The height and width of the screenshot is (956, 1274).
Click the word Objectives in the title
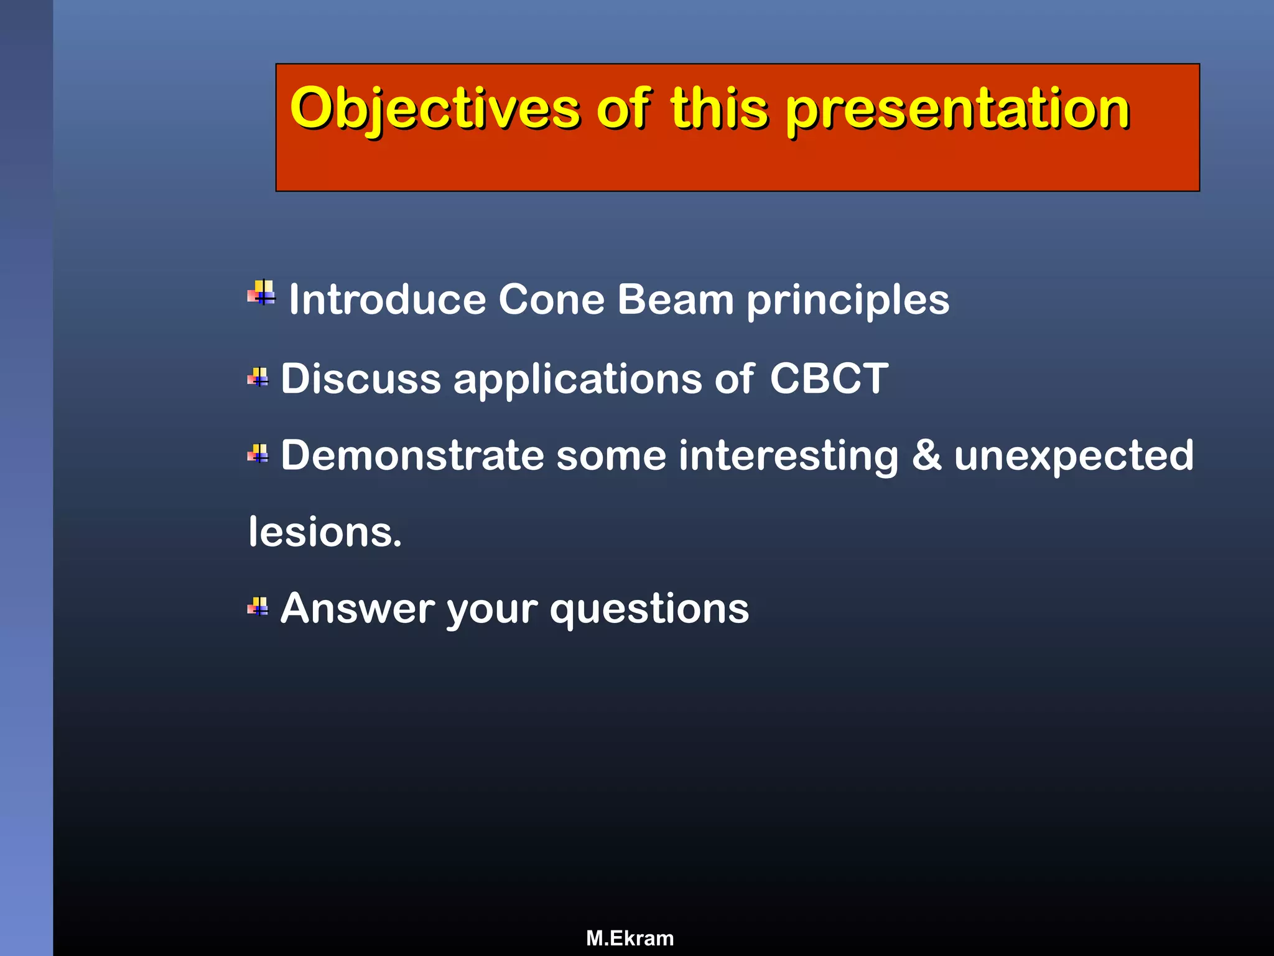(434, 110)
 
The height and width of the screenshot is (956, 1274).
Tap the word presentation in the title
(958, 110)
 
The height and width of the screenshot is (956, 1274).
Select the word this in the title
(719, 110)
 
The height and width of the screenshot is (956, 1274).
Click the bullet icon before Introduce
(262, 293)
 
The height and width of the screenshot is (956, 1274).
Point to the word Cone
(551, 300)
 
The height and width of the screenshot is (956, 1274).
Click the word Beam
(676, 300)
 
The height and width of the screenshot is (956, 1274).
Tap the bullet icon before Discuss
(258, 377)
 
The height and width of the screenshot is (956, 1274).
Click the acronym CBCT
(829, 378)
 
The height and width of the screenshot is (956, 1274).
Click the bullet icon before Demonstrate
(258, 454)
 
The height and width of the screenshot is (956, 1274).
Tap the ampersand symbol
(926, 455)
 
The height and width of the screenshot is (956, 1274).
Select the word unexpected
(1074, 456)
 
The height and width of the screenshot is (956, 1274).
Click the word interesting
(789, 456)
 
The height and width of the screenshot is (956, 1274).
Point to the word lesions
(325, 533)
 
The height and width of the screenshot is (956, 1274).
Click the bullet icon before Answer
(258, 606)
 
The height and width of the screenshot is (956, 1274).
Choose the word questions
(649, 609)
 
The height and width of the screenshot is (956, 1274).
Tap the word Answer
(358, 608)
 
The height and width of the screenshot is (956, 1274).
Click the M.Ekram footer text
(630, 938)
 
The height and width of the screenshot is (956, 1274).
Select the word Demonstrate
(412, 456)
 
